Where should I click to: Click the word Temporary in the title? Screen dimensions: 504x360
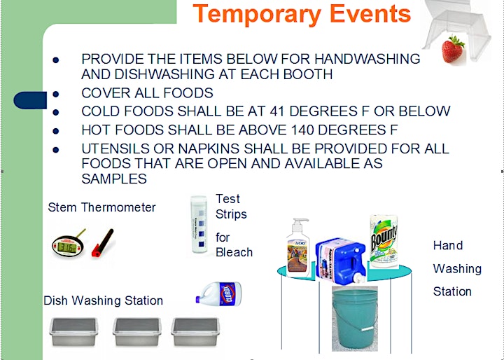click(257, 13)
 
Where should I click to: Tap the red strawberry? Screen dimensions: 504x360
click(453, 49)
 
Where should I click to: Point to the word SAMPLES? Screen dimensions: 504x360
click(114, 179)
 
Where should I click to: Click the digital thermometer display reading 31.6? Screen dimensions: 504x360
click(68, 247)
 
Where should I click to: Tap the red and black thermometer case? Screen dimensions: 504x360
click(102, 242)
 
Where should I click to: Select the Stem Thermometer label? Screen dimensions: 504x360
click(101, 207)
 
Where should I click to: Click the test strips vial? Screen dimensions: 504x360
click(199, 224)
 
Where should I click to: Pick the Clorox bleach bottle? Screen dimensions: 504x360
click(218, 293)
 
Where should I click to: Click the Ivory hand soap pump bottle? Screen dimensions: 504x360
click(298, 248)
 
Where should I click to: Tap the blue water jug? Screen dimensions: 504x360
click(341, 260)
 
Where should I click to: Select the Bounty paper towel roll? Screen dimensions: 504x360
click(384, 242)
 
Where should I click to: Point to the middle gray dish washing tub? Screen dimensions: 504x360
click(137, 332)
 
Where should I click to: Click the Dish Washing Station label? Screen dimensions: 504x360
click(103, 300)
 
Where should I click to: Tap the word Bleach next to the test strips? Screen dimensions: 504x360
click(234, 252)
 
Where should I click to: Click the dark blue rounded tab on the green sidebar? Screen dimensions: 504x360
click(30, 100)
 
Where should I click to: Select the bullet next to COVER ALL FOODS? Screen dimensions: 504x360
click(55, 94)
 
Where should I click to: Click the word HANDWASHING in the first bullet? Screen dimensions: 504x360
click(367, 59)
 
